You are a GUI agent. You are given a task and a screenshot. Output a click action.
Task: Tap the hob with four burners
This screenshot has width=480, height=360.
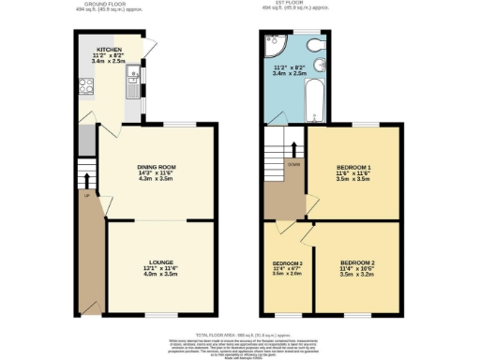click(x=89, y=90)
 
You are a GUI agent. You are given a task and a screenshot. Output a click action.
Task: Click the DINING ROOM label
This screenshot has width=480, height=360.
click(x=158, y=168)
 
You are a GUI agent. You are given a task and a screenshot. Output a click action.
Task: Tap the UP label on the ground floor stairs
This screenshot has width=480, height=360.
click(x=86, y=196)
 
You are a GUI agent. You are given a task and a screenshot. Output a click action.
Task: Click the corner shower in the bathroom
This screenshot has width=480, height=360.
click(x=275, y=43)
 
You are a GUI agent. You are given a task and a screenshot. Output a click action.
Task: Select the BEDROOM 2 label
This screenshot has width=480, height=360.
click(x=357, y=262)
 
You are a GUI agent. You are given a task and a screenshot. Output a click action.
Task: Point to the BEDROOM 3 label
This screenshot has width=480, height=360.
click(x=287, y=263)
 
